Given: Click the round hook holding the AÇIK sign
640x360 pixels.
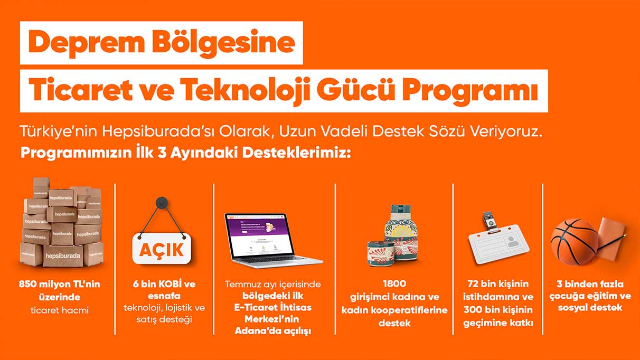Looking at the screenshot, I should point(161,202).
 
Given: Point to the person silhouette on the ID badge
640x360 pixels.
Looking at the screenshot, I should point(512,243).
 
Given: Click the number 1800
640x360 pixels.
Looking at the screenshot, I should point(394,285).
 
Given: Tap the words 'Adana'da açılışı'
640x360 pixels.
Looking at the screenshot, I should point(273,331).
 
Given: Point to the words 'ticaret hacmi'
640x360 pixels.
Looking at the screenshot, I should point(59,310).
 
